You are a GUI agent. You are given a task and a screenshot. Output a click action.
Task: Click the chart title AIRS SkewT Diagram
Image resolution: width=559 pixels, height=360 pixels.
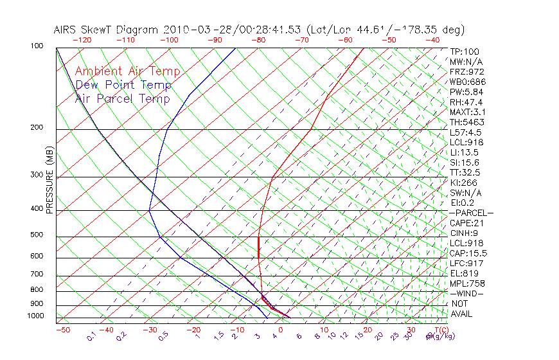107,30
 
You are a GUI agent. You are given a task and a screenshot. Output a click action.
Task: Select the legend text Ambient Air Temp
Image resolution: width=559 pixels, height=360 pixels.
127,71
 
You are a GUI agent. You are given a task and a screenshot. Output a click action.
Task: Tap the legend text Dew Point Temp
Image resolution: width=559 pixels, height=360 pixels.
123,85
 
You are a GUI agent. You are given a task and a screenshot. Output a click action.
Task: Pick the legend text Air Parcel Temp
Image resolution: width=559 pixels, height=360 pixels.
122,99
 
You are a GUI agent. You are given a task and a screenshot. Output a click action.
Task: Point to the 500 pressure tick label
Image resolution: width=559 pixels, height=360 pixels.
37,235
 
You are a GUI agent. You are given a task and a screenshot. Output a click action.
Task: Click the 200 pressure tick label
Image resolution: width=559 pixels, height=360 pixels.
37,128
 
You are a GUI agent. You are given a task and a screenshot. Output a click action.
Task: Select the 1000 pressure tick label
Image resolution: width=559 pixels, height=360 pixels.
35,316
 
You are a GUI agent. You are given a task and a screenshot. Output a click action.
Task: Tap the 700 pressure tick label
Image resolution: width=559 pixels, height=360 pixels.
37,275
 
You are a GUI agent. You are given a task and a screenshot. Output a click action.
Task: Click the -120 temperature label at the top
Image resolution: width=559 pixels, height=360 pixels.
81,40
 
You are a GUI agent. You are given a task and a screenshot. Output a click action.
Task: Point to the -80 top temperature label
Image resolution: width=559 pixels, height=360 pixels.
258,40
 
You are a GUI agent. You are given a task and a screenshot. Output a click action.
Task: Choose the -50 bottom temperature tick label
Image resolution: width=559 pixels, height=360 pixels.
62,330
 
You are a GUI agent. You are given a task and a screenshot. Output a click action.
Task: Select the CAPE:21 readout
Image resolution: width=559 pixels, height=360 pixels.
468,223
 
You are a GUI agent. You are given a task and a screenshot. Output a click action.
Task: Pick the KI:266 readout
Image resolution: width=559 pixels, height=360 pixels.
465,183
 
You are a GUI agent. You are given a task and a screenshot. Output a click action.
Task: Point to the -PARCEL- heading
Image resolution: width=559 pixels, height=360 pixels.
471,213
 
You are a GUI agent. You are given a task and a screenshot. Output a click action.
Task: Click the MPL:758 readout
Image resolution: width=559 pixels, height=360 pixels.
467,283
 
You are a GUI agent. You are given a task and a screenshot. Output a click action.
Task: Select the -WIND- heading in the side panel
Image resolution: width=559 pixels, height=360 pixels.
466,293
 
